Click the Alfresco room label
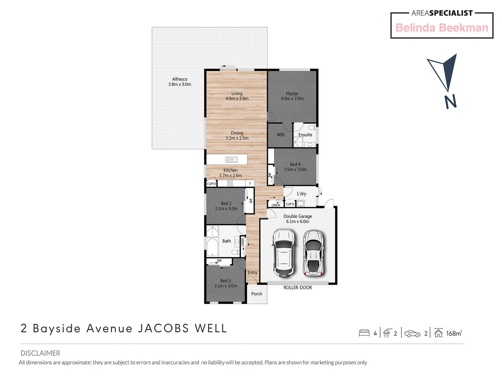pyautogui.click(x=180, y=79)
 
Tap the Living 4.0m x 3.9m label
pyautogui.click(x=237, y=96)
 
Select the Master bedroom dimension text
pyautogui.click(x=292, y=99)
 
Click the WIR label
pyautogui.click(x=281, y=135)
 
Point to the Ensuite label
pyautogui.click(x=305, y=135)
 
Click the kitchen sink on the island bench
pyautogui.click(x=231, y=160)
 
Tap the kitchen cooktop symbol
pyautogui.click(x=230, y=183)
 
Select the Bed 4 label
pyautogui.click(x=295, y=164)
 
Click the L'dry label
pyautogui.click(x=302, y=194)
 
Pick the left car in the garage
pyautogui.click(x=284, y=252)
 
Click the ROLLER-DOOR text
pyautogui.click(x=297, y=288)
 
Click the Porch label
pyautogui.click(x=257, y=294)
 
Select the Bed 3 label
pyautogui.click(x=226, y=281)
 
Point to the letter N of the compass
pyautogui.click(x=450, y=102)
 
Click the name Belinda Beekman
pyautogui.click(x=442, y=28)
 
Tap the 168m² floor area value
pyautogui.click(x=454, y=333)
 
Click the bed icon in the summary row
pyautogui.click(x=364, y=333)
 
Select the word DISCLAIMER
pyautogui.click(x=40, y=353)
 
